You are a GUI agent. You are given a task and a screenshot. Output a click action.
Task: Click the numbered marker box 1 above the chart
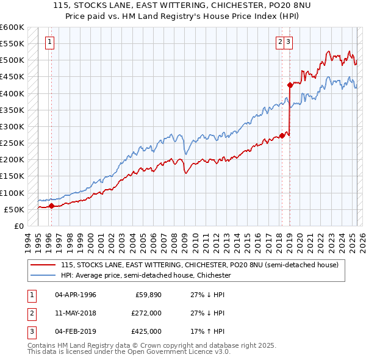point(48,42)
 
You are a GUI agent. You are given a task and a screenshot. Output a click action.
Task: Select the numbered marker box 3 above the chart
point(287,42)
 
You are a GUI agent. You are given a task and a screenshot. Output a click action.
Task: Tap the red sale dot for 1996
point(51,206)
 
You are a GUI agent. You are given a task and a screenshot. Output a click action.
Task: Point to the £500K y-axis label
point(12,60)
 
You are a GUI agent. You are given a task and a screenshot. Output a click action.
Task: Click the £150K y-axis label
point(12,176)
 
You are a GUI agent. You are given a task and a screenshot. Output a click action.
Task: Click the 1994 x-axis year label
point(27,240)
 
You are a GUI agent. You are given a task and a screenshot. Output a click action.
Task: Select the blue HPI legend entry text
point(146,275)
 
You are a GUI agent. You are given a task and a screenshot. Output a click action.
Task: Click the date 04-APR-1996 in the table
point(75,295)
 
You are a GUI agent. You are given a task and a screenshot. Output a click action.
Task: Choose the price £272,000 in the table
point(146,313)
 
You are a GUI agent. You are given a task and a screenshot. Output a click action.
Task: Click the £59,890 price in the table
point(149,295)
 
